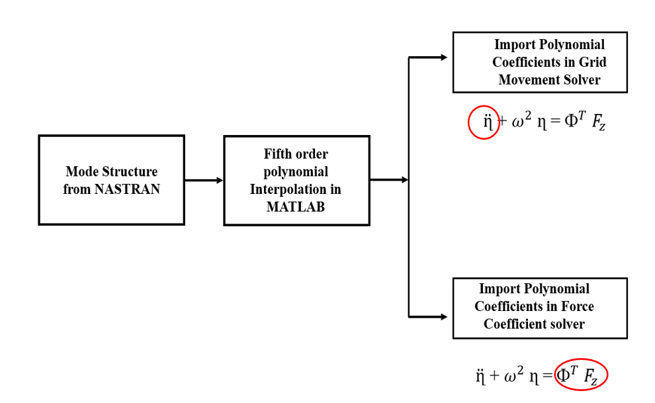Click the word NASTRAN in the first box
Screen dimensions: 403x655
point(127,189)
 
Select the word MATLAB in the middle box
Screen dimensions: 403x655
point(296,206)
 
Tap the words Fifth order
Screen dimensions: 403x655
point(296,154)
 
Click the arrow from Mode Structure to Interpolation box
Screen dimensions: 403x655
point(204,180)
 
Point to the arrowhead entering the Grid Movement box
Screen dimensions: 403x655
point(444,58)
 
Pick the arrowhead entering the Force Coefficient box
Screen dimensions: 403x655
point(444,317)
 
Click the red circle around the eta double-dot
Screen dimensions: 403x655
point(484,122)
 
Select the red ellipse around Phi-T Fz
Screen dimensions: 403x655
point(581,376)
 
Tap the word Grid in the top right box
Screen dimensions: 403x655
point(593,62)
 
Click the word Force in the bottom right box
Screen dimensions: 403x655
point(578,306)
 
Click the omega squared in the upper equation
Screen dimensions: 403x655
point(519,122)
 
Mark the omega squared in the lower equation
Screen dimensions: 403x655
point(513,376)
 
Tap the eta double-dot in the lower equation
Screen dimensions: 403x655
point(481,377)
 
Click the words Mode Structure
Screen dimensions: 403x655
point(112,172)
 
